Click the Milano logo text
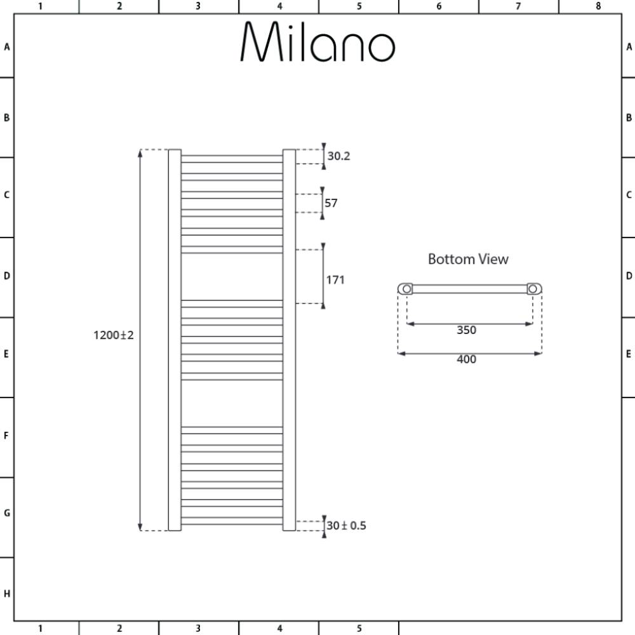click(318, 41)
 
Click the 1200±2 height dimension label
click(114, 335)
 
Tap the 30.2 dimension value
click(338, 156)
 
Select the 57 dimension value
click(331, 203)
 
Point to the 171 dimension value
click(335, 280)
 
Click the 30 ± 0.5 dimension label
click(346, 526)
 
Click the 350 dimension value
click(467, 330)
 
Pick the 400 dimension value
click(467, 359)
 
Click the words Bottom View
click(468, 259)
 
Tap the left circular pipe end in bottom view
click(406, 289)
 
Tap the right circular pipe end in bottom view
click(533, 289)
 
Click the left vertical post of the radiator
click(175, 340)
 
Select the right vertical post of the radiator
click(289, 340)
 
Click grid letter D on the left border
click(6, 276)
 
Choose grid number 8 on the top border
click(598, 6)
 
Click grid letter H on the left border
click(7, 594)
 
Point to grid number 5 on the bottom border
click(359, 629)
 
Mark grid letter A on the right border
click(629, 47)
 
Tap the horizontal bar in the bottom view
click(470, 289)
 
